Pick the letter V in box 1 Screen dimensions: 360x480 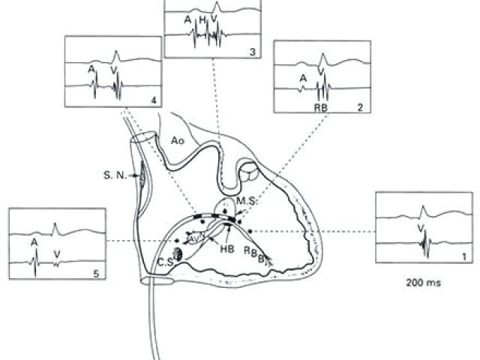pyautogui.click(x=420, y=226)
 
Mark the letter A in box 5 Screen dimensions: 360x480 pyautogui.click(x=35, y=241)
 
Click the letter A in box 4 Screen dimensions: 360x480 pyautogui.click(x=91, y=68)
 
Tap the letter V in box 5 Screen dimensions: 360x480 pyautogui.click(x=58, y=253)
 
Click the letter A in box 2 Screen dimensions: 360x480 pyautogui.click(x=303, y=77)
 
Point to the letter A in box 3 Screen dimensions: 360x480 pyautogui.click(x=187, y=20)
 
